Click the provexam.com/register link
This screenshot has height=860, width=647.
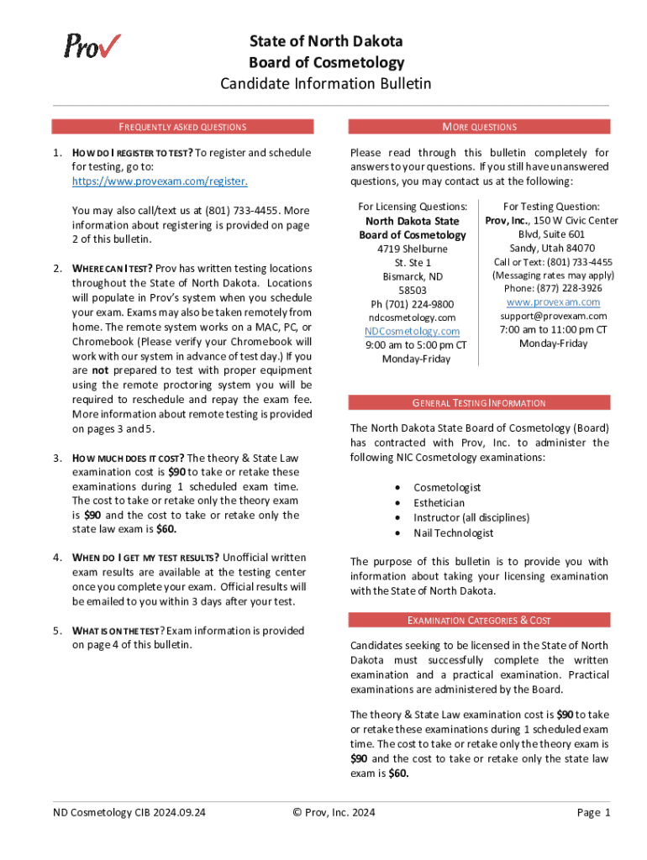pyautogui.click(x=160, y=181)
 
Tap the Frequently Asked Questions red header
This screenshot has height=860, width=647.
pyautogui.click(x=182, y=127)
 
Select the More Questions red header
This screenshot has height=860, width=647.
pyautogui.click(x=479, y=127)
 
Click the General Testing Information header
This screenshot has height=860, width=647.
pyautogui.click(x=479, y=403)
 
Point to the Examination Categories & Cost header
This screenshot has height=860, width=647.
pyautogui.click(x=479, y=621)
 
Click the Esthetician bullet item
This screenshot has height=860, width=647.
pyautogui.click(x=439, y=503)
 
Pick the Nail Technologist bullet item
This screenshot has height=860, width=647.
pyautogui.click(x=453, y=533)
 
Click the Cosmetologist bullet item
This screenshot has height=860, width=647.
pyautogui.click(x=447, y=488)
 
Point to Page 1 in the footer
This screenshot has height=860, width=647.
pyautogui.click(x=593, y=812)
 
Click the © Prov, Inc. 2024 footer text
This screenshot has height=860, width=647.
pyautogui.click(x=334, y=812)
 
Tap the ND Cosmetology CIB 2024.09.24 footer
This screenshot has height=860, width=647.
pyautogui.click(x=129, y=812)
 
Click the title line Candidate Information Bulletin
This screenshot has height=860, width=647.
pyautogui.click(x=326, y=83)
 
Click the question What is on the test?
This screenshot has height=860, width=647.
pyautogui.click(x=118, y=631)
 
